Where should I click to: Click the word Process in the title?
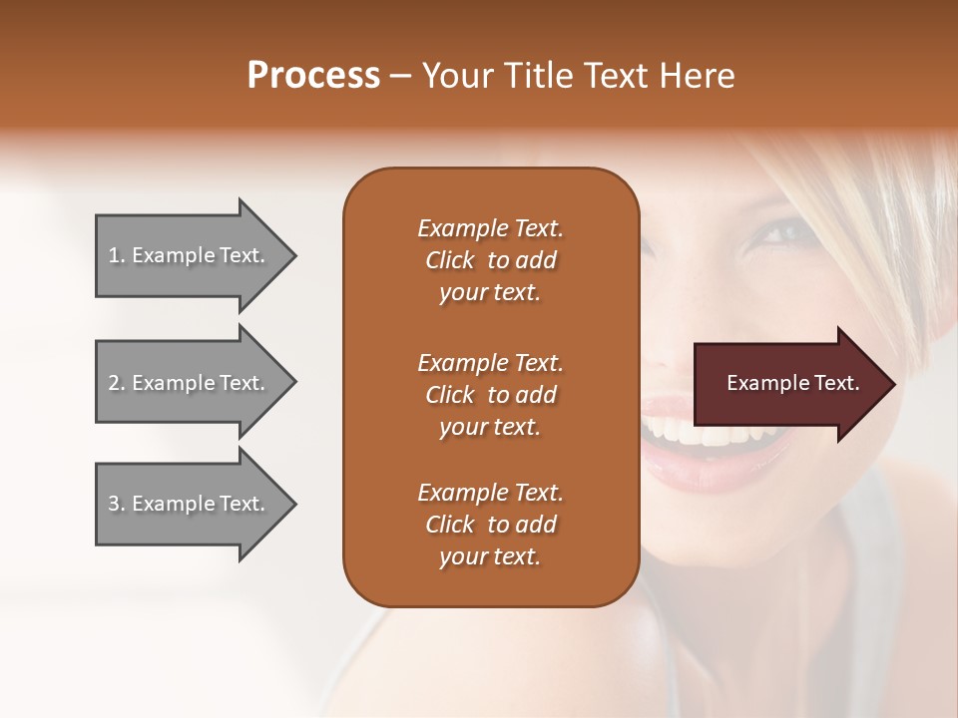click(313, 76)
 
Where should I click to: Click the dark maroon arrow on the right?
click(788, 384)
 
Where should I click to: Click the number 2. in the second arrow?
click(117, 383)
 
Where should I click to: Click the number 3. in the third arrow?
click(117, 504)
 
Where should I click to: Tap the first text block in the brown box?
click(490, 260)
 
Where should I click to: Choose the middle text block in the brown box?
click(490, 395)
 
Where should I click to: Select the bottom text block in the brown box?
click(490, 525)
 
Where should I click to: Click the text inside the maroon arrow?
click(792, 383)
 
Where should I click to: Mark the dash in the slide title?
click(400, 77)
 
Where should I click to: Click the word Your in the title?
click(454, 76)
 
